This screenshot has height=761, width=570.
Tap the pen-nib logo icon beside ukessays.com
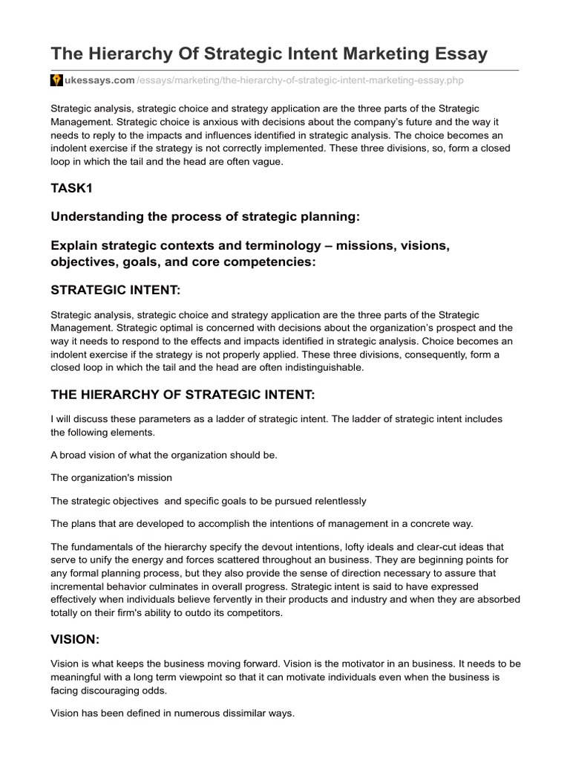(x=56, y=80)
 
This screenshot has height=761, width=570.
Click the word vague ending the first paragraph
(x=267, y=161)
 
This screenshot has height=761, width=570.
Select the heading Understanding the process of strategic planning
(x=205, y=216)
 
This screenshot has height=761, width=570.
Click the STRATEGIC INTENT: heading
(x=116, y=288)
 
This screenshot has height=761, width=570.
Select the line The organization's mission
(x=111, y=477)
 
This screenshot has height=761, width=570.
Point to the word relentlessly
(x=330, y=500)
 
